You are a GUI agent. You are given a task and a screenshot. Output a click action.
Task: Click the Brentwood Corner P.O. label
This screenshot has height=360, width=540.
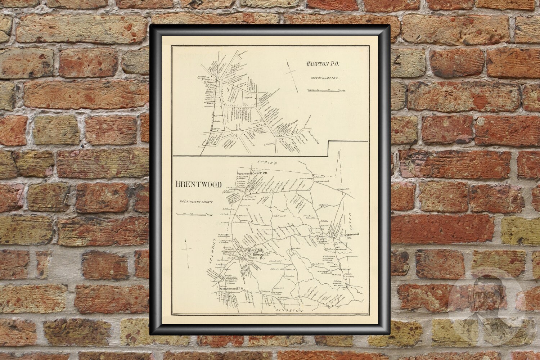coord(254,174)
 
